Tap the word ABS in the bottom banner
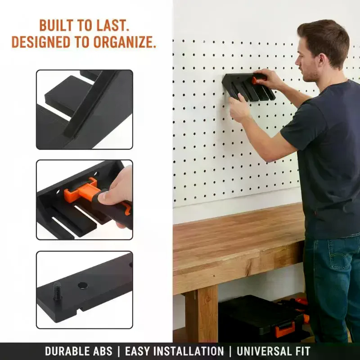coord(104,351)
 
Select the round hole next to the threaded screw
coord(83,285)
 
